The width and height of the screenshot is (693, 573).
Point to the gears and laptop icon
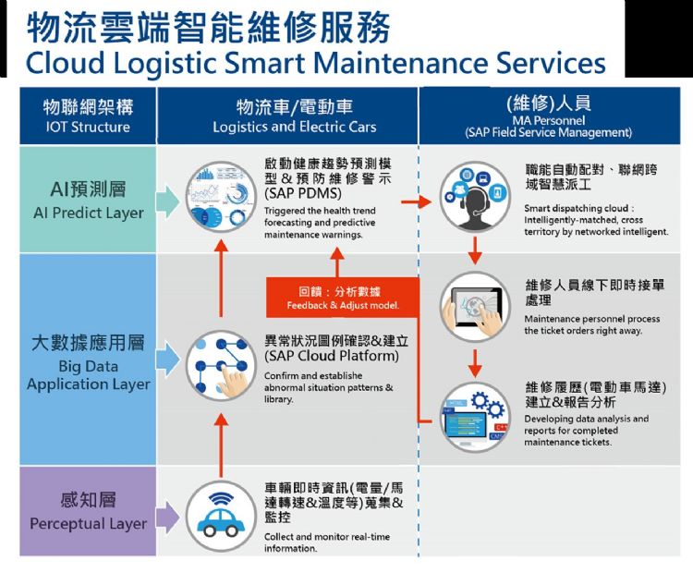pos(475,417)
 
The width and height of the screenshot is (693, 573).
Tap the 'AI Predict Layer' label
pos(88,213)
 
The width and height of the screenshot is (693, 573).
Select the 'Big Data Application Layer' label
pos(88,374)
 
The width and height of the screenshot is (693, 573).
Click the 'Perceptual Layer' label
pos(88,523)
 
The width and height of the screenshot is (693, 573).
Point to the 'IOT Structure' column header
pos(88,127)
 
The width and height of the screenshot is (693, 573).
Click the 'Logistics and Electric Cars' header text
pos(295,127)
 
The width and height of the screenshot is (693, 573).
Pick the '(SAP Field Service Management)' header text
pos(549,133)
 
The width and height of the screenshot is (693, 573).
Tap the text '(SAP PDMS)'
pos(303,196)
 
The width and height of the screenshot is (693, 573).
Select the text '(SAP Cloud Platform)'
pos(332,356)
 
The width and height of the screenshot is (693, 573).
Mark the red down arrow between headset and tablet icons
pos(475,249)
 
